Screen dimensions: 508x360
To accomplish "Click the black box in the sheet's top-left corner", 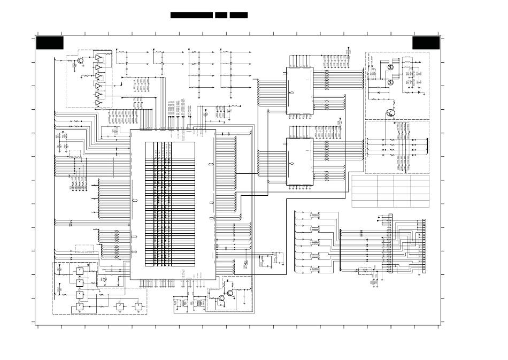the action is click(50, 43).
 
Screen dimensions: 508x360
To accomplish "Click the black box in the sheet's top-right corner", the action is click(426, 43).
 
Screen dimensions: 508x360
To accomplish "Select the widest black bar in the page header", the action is click(191, 15).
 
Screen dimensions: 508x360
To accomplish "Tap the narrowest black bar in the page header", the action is click(221, 15).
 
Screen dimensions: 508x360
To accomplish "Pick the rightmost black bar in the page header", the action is click(238, 15).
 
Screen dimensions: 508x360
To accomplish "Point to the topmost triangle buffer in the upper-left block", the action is click(98, 57).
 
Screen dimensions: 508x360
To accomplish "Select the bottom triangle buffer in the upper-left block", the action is click(98, 103).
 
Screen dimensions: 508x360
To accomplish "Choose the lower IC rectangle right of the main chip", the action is click(299, 161).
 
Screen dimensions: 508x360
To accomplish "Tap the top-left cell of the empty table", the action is click(364, 180).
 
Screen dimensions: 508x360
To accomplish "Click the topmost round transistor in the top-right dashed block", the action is click(391, 67).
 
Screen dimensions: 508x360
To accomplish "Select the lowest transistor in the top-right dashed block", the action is click(390, 113).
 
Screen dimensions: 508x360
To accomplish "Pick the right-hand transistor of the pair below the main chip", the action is click(229, 293).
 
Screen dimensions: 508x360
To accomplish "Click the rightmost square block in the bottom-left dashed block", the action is click(138, 307).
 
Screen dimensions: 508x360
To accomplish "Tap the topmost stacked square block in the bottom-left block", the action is click(79, 271).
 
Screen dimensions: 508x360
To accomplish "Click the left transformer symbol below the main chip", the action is click(186, 303).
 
